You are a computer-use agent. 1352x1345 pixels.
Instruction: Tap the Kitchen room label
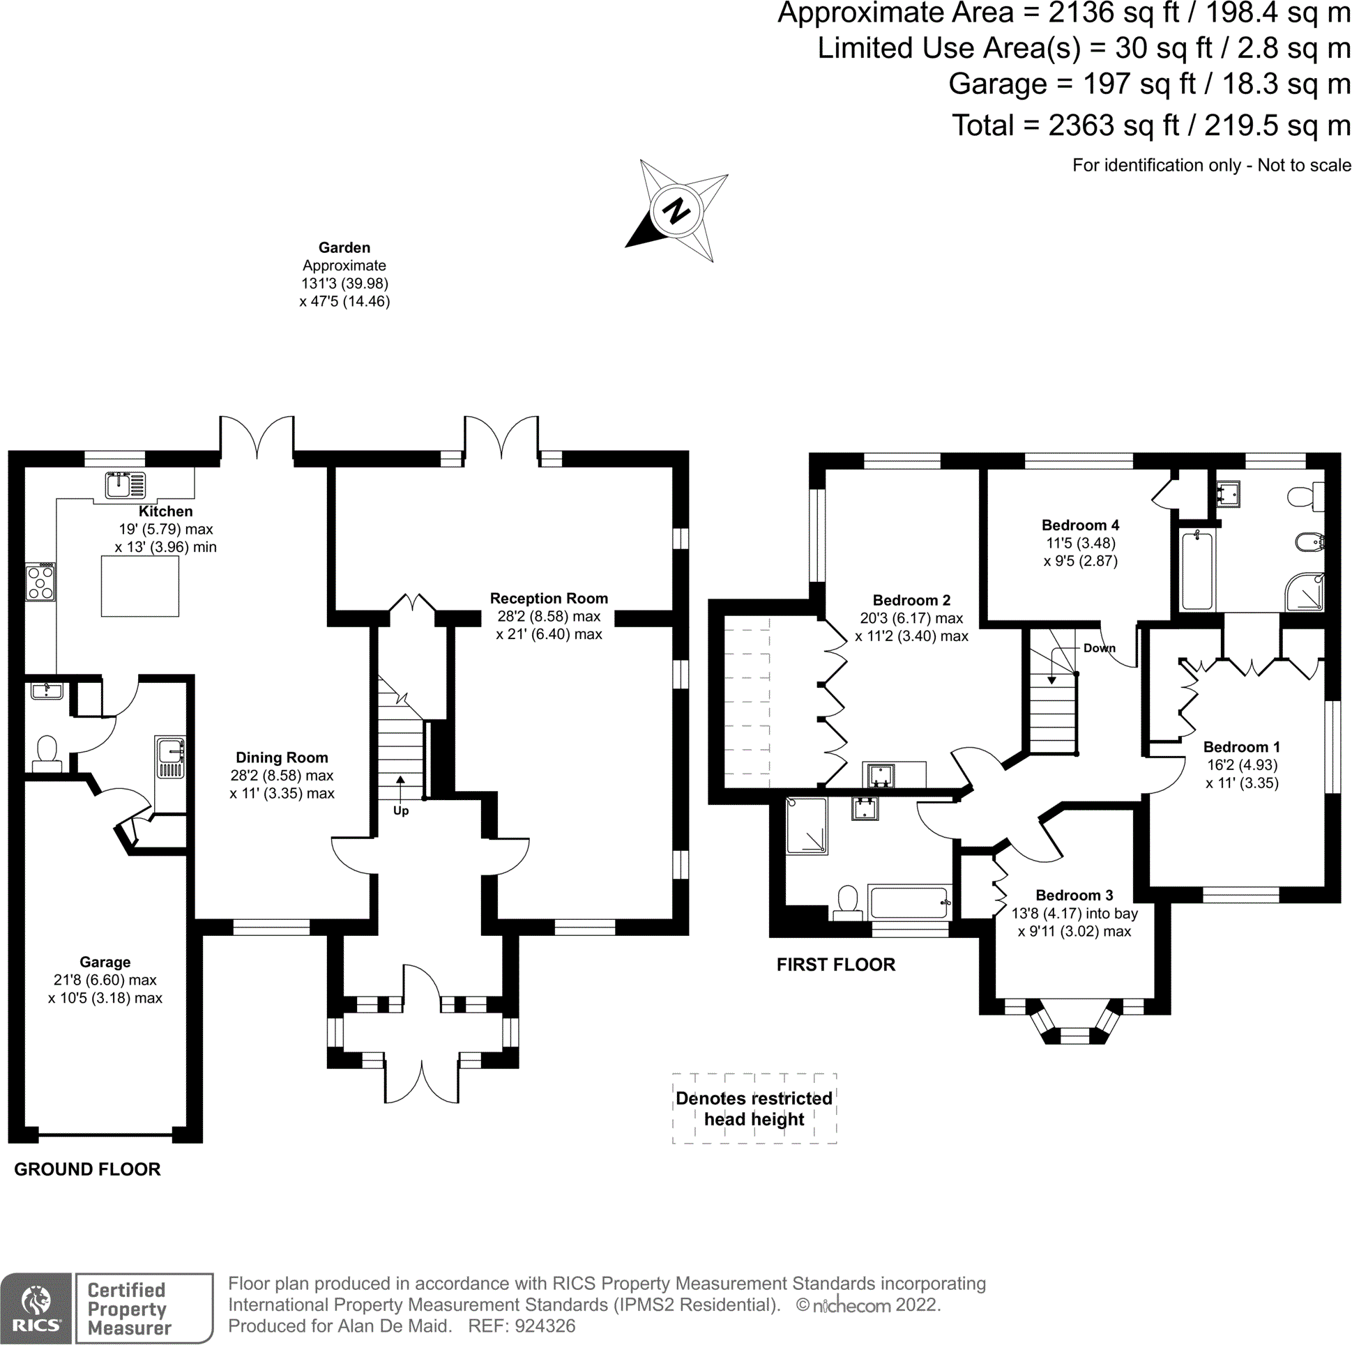tap(165, 512)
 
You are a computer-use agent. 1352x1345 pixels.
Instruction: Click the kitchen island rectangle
tap(140, 585)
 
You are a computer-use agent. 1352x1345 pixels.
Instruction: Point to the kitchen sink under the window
tap(126, 485)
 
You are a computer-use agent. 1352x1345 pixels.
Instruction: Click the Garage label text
tap(105, 962)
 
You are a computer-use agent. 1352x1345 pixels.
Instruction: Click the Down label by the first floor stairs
tap(1100, 647)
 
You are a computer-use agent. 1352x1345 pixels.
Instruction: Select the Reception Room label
tap(549, 598)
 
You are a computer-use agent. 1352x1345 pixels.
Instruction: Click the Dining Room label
tap(282, 758)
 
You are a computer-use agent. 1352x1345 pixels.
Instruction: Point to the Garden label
tap(344, 247)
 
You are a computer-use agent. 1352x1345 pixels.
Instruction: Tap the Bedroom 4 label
tap(1081, 525)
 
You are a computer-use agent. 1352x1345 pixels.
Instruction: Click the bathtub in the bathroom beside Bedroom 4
tap(1197, 569)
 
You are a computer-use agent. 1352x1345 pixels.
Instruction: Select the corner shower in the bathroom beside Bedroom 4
tap(1305, 592)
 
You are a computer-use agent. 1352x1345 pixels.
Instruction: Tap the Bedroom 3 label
tap(1074, 896)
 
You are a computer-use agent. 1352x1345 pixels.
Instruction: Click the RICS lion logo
tap(36, 1307)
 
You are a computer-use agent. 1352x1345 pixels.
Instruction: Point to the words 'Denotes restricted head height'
tap(754, 1109)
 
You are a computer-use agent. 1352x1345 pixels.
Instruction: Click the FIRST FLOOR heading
tap(835, 964)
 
